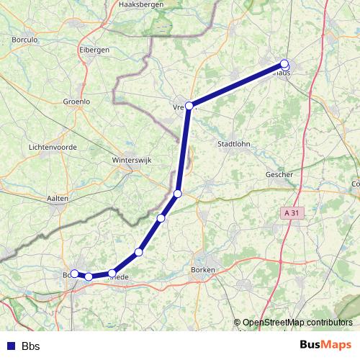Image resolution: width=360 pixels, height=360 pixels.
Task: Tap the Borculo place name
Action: tap(25, 40)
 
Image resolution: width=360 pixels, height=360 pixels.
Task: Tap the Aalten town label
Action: tap(57, 198)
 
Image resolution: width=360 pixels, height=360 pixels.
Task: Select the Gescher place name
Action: tap(279, 174)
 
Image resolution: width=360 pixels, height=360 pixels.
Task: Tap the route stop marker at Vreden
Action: tap(189, 106)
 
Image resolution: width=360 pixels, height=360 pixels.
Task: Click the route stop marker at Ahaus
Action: tap(284, 64)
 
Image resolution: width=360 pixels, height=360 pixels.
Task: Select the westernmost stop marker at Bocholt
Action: tap(74, 274)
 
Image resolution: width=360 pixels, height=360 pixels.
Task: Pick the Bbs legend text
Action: tap(30, 346)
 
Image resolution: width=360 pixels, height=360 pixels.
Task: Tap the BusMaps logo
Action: tap(325, 345)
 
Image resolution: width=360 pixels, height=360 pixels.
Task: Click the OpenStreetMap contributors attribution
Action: tap(297, 323)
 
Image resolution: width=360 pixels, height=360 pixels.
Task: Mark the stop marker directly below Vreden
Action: tap(178, 194)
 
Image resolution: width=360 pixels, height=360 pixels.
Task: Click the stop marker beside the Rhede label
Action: tap(112, 273)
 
